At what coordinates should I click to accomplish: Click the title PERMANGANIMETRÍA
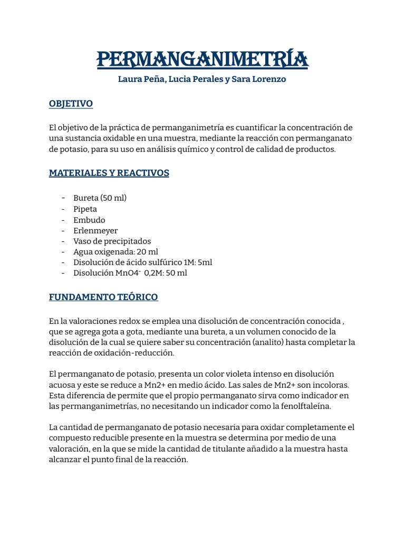click(202, 59)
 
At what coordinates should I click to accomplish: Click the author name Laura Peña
click(138, 80)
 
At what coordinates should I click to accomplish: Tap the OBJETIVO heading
click(71, 104)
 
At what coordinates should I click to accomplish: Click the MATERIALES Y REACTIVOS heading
click(109, 173)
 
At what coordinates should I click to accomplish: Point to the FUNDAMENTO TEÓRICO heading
click(103, 297)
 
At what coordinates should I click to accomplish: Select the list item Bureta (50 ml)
click(100, 198)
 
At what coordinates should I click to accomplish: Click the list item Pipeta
click(85, 209)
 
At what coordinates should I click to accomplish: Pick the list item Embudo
click(89, 220)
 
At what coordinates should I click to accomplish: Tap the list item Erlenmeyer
click(95, 230)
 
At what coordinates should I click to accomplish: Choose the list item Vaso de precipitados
click(112, 241)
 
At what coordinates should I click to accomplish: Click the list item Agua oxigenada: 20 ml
click(115, 252)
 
